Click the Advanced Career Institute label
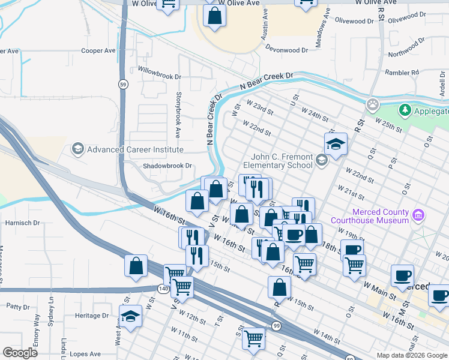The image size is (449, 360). point(135,149)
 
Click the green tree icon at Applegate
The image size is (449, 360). point(405,110)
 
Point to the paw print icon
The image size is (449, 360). point(373,104)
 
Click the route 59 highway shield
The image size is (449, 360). point(122,83)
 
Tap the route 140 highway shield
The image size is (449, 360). point(163,289)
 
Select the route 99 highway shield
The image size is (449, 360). point(276,325)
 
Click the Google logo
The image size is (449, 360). point(20,353)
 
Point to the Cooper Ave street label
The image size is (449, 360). point(98,51)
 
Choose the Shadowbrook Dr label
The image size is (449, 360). point(167,166)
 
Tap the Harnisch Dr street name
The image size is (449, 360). point(22,223)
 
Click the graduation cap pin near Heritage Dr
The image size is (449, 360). point(130,315)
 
